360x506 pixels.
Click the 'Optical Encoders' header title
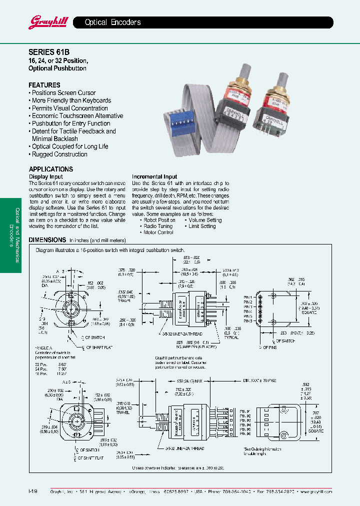point(112,22)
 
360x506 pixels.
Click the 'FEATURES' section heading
point(44,85)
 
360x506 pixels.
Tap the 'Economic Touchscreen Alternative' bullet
point(76,116)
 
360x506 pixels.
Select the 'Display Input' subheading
point(46,177)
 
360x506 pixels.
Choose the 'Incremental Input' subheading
point(154,177)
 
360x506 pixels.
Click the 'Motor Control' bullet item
point(158,232)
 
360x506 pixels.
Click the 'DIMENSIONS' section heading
point(47,240)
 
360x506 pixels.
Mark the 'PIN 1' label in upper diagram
point(248,297)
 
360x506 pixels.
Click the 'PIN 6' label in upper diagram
point(248,321)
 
